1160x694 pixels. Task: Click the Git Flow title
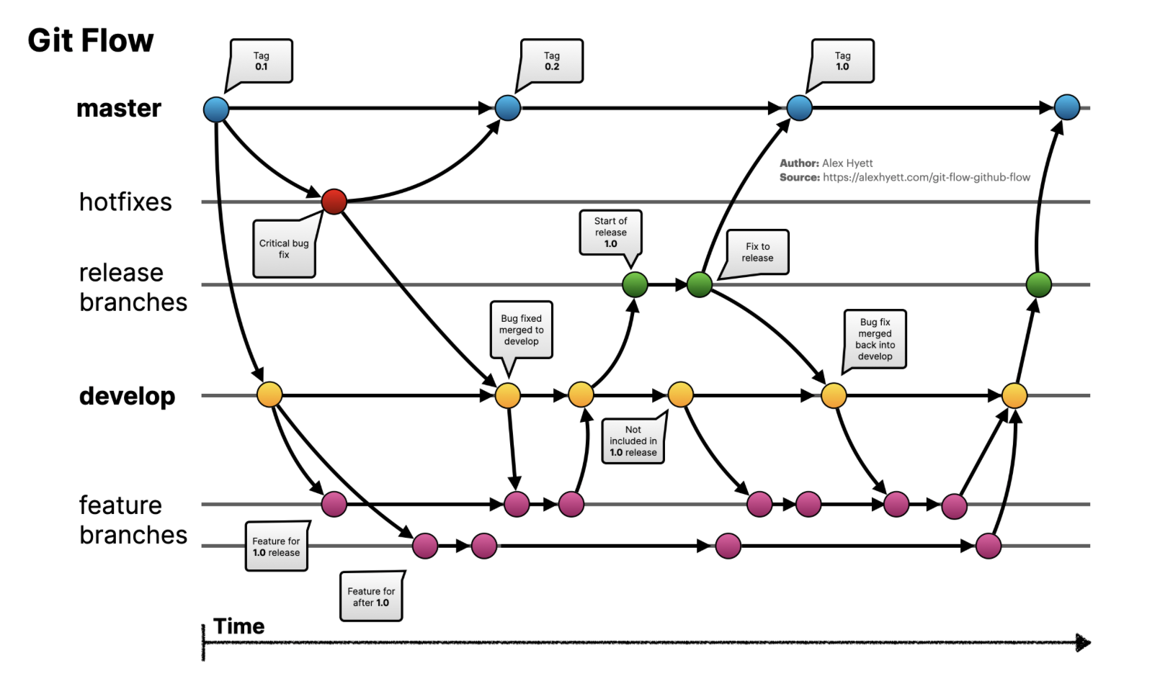[91, 41]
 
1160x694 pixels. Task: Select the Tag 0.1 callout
[262, 61]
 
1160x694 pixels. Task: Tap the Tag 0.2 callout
[552, 61]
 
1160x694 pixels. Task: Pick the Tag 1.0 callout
[842, 61]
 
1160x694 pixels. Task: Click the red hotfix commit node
[334, 202]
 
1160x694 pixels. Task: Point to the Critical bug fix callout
[284, 249]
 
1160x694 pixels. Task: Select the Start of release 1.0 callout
[610, 233]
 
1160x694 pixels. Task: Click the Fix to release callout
[757, 252]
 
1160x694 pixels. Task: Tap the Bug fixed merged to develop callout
[521, 330]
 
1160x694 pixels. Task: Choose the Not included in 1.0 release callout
[633, 441]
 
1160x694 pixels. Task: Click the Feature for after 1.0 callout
[371, 597]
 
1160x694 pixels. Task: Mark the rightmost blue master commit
[1066, 107]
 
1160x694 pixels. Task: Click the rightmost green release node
[1038, 284]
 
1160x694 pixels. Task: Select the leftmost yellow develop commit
[269, 395]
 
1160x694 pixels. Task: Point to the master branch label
[119, 108]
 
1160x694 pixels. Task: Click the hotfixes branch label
[125, 202]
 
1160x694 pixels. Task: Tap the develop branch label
[127, 396]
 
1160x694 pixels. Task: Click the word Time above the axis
[238, 626]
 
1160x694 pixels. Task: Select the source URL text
[926, 177]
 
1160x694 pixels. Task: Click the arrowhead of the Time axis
[1083, 642]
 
